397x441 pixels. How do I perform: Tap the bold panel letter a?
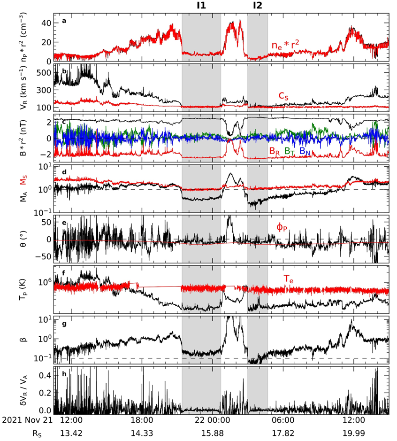pos(58,21)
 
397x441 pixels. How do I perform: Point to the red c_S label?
pos(283,96)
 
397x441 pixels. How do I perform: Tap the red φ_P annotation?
pos(282,227)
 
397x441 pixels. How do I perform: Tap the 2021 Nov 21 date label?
pos(27,419)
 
